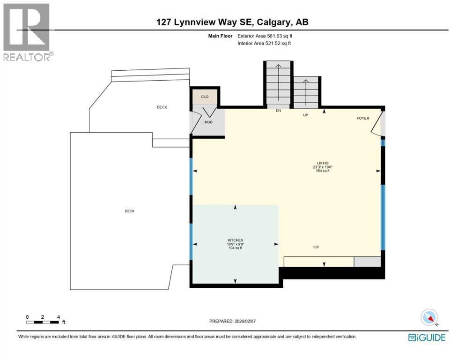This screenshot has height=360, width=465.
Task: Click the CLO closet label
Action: click(x=205, y=97)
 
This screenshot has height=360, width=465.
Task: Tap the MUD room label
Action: click(x=208, y=122)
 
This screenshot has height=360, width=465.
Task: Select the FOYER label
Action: click(x=363, y=118)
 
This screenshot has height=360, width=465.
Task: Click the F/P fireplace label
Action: click(x=317, y=247)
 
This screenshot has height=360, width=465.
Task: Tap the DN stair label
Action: click(x=278, y=111)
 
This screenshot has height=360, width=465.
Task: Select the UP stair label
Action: click(x=305, y=114)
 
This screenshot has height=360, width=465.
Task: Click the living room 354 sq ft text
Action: click(x=323, y=171)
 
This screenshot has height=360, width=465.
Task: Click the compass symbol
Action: click(x=429, y=317)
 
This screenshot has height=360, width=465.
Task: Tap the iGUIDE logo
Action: click(x=427, y=337)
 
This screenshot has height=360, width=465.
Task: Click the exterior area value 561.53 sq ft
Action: click(x=280, y=36)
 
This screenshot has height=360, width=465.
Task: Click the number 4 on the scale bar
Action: click(x=58, y=317)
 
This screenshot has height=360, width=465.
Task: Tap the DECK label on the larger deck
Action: click(x=130, y=211)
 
